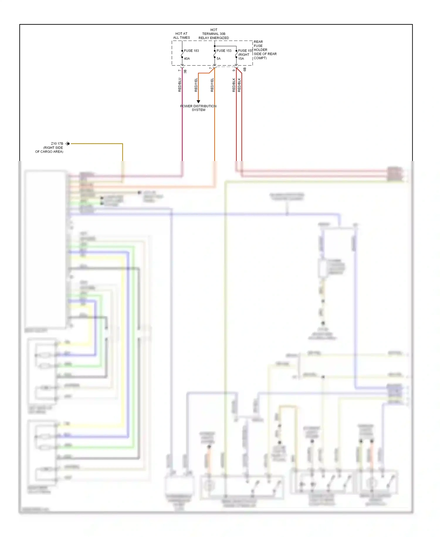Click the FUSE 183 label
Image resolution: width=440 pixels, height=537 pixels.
[191, 51]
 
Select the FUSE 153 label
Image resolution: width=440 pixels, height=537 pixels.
[224, 51]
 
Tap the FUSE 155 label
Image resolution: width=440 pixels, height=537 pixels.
[245, 51]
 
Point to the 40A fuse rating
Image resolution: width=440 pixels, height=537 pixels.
[187, 58]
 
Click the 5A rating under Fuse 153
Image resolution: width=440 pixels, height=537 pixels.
[219, 58]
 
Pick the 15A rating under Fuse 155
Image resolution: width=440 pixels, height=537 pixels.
[241, 58]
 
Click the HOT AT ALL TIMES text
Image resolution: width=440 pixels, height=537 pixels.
[181, 36]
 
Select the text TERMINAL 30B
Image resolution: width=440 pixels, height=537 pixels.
[214, 34]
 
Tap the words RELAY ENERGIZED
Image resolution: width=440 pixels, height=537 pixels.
[214, 38]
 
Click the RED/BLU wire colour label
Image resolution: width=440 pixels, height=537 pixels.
[180, 85]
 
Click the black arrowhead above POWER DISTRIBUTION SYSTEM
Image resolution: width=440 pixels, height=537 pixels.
[198, 102]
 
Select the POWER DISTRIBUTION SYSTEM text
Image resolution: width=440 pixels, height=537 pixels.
[198, 108]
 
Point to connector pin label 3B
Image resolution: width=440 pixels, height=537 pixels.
[185, 71]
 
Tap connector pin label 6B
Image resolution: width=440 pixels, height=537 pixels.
[245, 70]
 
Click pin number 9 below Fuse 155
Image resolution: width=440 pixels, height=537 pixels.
[234, 70]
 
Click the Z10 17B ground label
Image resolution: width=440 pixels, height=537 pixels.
[57, 144]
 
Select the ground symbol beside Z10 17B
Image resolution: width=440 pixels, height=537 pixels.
[67, 144]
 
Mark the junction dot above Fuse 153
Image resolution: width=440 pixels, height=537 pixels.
[215, 46]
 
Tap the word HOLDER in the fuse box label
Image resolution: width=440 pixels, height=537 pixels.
[260, 50]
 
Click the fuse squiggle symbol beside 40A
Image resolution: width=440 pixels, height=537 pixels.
[182, 54]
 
